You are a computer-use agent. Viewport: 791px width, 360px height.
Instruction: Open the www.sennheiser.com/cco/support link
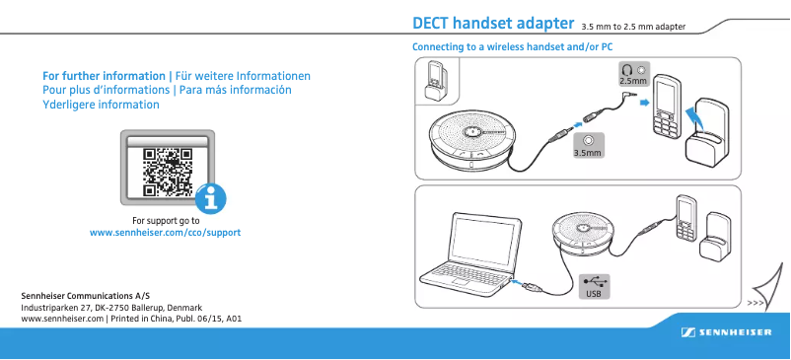(x=165, y=233)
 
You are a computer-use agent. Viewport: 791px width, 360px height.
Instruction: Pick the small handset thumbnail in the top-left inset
(x=435, y=81)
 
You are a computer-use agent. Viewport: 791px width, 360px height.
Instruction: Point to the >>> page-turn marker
(x=756, y=303)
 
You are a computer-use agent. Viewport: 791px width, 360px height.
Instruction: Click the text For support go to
(x=166, y=221)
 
